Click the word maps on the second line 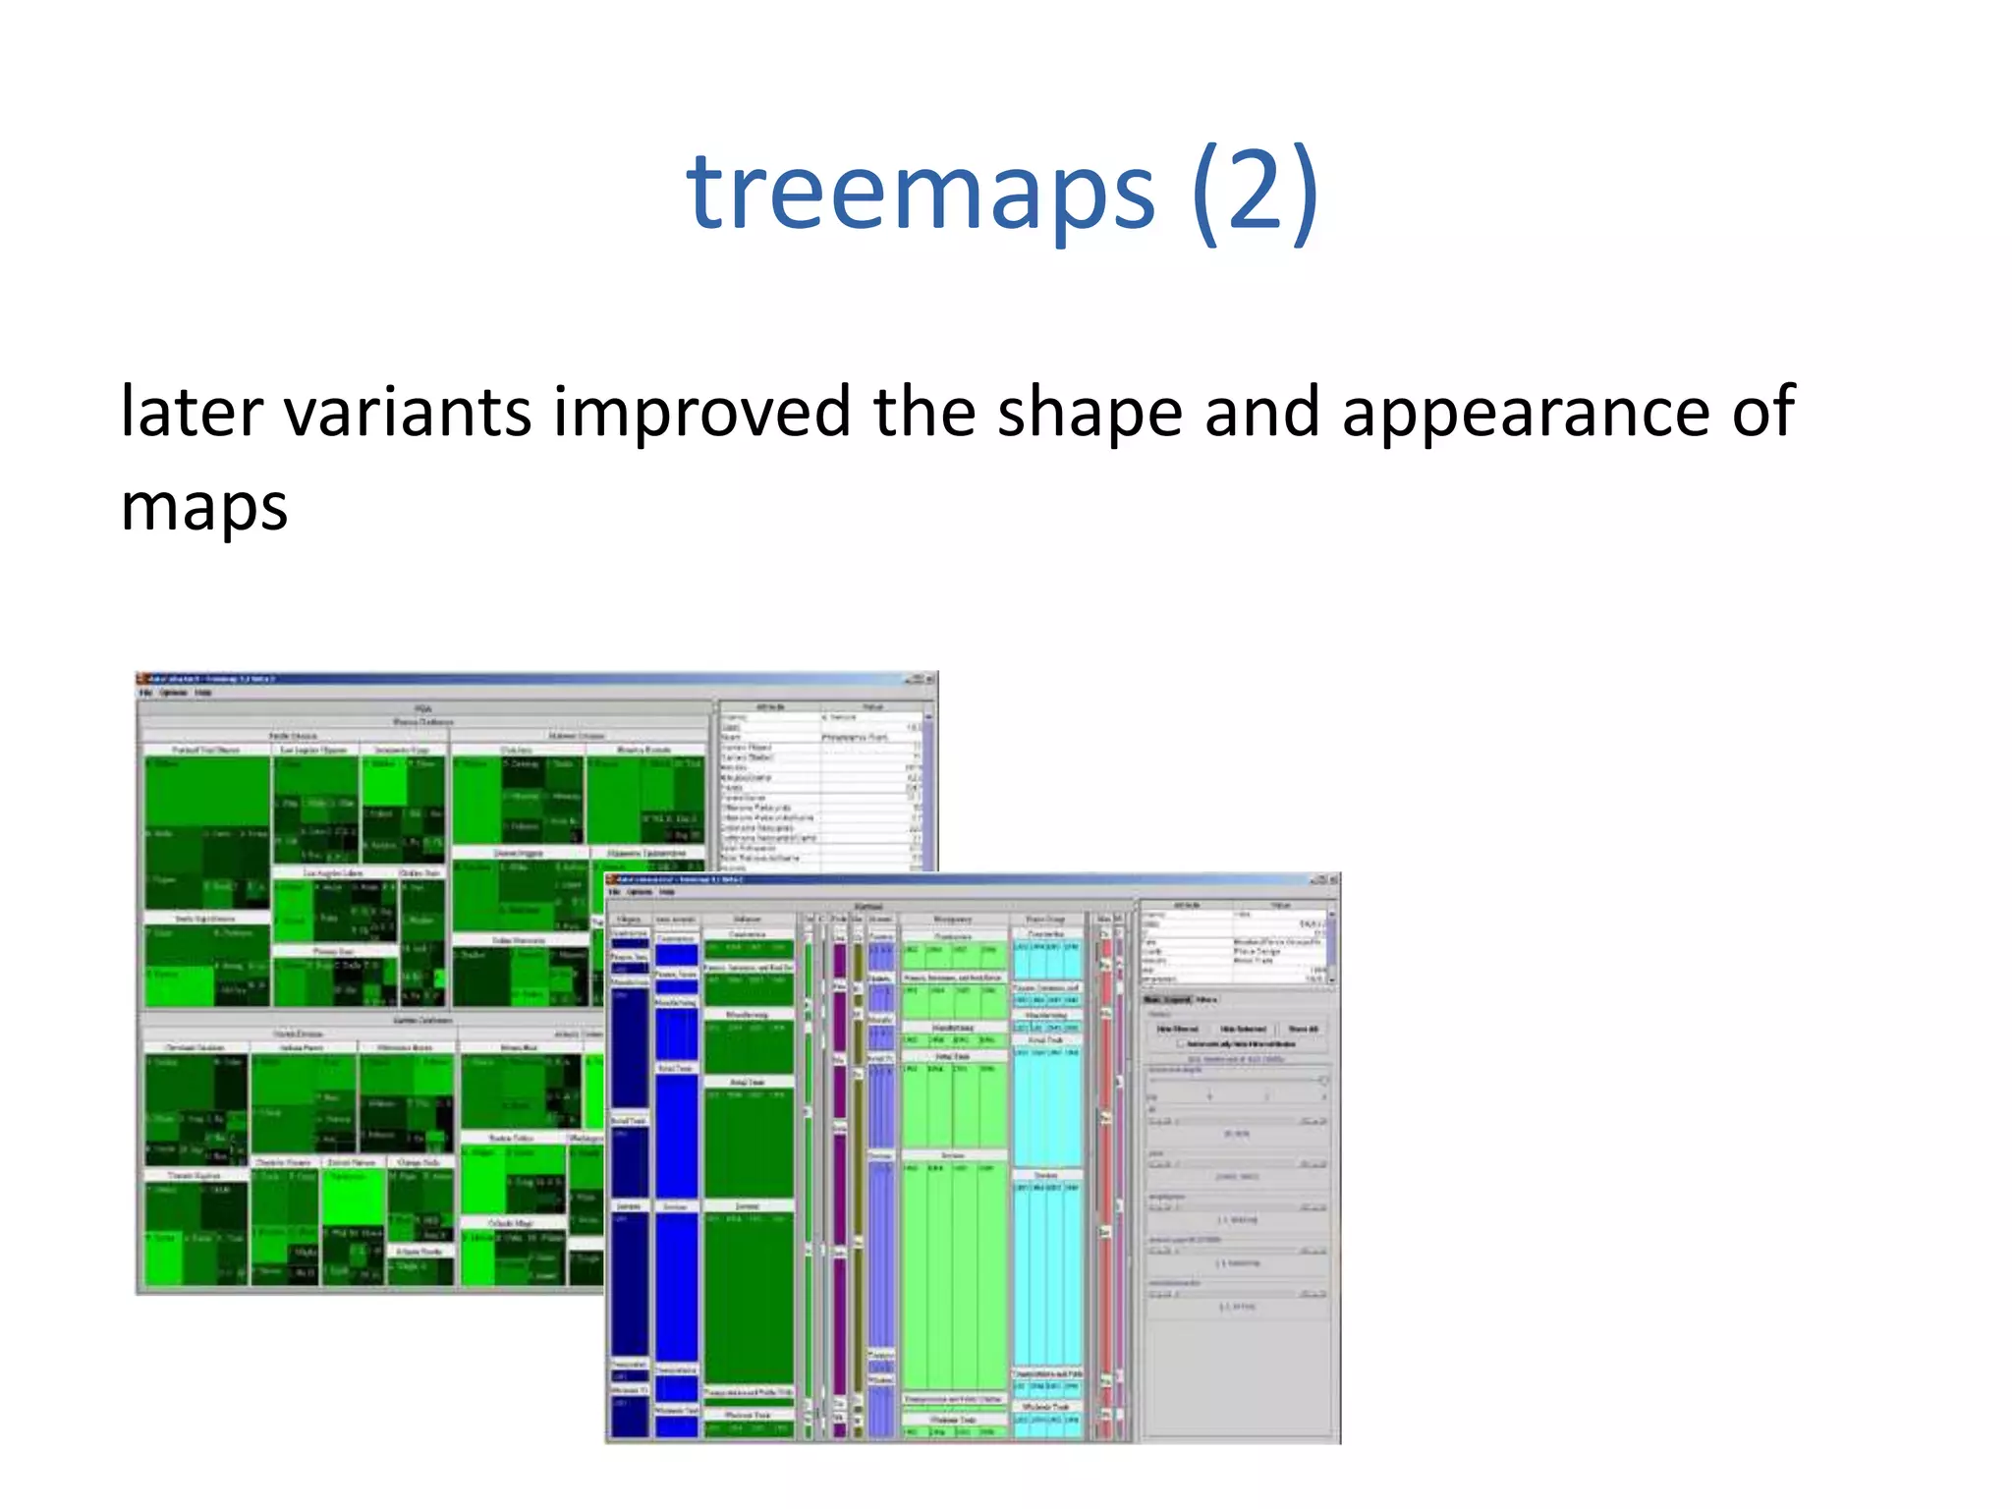click(203, 507)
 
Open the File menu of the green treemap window click(145, 693)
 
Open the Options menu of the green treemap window click(173, 693)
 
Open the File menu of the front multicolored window click(615, 892)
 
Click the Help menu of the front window click(668, 892)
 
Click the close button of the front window click(1332, 880)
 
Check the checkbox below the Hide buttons click(1181, 1043)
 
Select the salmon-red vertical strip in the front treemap click(1105, 1179)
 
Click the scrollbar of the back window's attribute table click(928, 786)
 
